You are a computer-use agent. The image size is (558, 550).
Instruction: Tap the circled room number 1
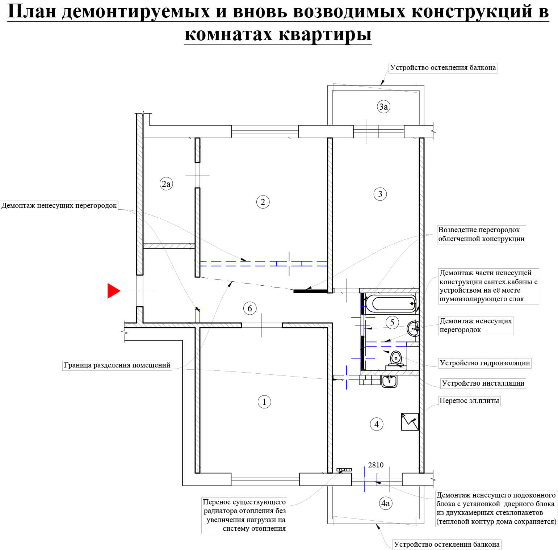tap(264, 402)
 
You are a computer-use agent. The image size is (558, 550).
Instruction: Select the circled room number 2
tap(263, 202)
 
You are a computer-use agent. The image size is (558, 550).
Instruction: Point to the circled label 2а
tap(166, 184)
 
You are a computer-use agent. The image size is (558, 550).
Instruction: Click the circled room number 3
tap(380, 194)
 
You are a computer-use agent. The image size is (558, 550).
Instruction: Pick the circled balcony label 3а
tap(383, 106)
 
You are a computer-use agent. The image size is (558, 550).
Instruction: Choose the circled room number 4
tap(377, 424)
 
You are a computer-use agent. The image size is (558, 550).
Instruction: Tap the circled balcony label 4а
tap(386, 503)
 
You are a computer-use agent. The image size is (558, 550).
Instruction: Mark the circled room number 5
tap(392, 322)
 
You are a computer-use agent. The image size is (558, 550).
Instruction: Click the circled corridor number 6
tap(249, 308)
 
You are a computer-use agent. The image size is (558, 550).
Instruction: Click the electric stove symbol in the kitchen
tap(410, 422)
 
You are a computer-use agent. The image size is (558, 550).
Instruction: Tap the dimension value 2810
tap(376, 465)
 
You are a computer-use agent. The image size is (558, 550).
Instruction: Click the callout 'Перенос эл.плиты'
tap(469, 401)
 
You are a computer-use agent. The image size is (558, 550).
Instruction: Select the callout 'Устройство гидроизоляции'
tap(485, 363)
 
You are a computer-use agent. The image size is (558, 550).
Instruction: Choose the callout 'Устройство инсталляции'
tap(483, 383)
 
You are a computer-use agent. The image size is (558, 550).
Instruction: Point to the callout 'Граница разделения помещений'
tap(117, 365)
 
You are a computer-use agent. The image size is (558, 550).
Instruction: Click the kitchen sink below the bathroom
tap(389, 381)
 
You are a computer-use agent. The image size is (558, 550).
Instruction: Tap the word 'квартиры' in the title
tap(325, 34)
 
